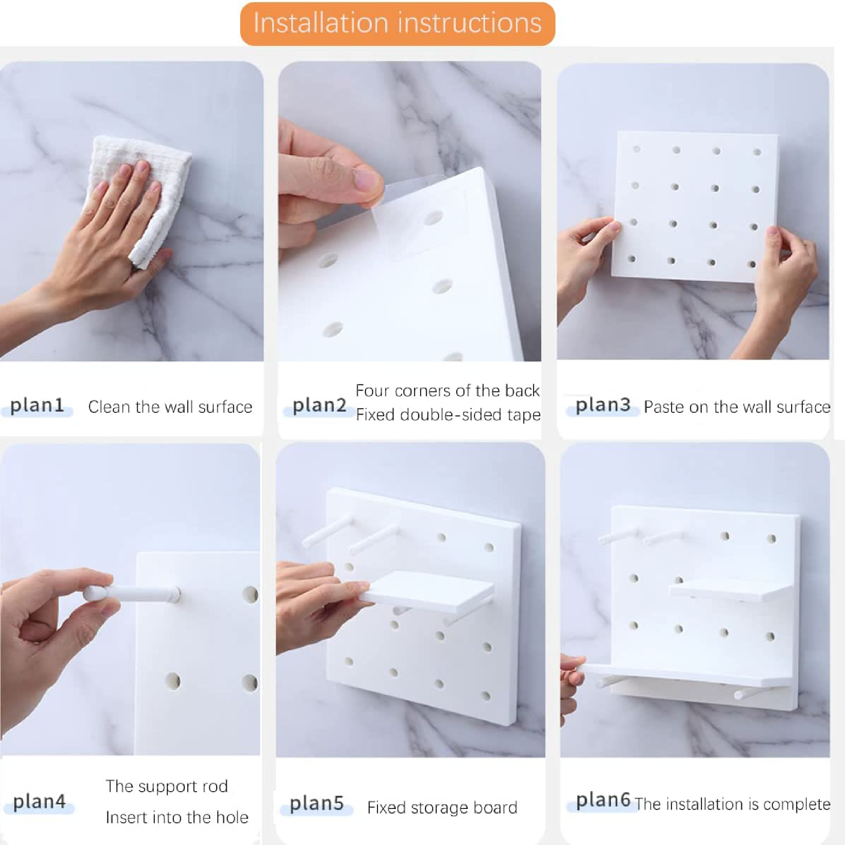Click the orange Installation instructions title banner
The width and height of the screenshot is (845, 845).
click(x=397, y=24)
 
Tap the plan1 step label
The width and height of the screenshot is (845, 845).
click(x=37, y=405)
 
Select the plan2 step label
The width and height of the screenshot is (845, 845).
click(x=319, y=405)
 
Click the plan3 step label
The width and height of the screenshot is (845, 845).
click(x=603, y=405)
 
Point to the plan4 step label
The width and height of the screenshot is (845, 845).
click(x=39, y=801)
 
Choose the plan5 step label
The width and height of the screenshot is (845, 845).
click(x=317, y=804)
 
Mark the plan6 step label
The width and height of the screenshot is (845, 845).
click(x=603, y=800)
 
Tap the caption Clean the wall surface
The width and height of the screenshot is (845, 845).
click(x=170, y=407)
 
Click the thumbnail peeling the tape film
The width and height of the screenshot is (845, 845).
click(x=410, y=211)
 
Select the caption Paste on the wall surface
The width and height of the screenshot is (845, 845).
click(x=737, y=407)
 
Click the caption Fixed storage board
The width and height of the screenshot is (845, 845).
click(x=443, y=807)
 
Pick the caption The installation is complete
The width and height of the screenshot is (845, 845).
click(x=732, y=804)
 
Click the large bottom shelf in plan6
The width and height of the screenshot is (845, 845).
click(x=687, y=674)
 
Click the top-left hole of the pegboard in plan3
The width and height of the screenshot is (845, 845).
click(x=637, y=149)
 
